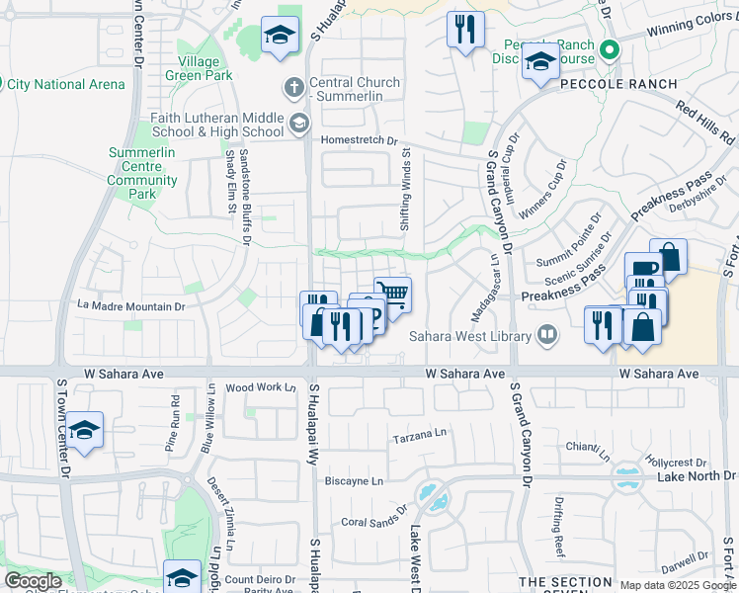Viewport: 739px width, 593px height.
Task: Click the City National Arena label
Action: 66,84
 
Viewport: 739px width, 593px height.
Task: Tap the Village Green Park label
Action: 193,68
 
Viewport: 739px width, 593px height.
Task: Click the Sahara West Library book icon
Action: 546,336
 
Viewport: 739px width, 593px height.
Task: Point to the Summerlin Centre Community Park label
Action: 142,174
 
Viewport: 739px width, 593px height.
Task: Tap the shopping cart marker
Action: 393,294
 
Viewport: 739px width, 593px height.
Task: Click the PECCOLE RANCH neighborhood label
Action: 619,84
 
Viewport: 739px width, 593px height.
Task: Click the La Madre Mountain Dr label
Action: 132,306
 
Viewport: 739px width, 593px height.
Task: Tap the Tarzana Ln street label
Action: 420,435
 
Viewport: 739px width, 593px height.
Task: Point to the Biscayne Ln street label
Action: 355,481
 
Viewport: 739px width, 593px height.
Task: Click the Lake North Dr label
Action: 683,476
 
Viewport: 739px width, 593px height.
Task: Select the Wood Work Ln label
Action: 261,387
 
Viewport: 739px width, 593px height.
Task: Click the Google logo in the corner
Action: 34,580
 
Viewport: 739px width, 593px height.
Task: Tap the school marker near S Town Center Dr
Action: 85,430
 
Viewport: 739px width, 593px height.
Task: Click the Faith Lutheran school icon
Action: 298,125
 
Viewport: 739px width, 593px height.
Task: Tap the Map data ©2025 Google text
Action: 676,585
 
